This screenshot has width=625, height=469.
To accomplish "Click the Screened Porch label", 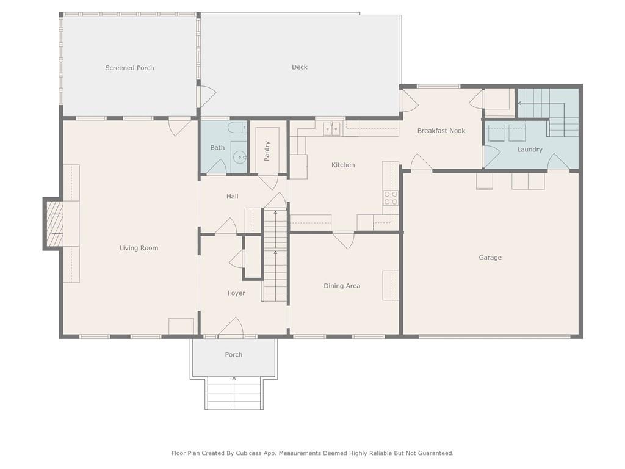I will (x=129, y=68).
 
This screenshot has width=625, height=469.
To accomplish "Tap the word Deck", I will (x=300, y=67).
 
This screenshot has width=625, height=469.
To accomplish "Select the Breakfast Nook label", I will (x=441, y=131).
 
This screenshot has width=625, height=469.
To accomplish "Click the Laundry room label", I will (x=530, y=150).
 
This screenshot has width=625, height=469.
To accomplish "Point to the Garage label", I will (x=490, y=258).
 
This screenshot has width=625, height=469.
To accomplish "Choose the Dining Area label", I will (x=342, y=286).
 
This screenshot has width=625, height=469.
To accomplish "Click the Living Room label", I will (x=139, y=248).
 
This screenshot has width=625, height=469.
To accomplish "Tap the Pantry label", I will (x=267, y=151).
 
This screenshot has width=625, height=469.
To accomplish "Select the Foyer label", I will (x=236, y=293).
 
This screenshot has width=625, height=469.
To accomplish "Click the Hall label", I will (x=233, y=197).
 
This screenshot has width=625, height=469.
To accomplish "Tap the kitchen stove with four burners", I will (x=391, y=198).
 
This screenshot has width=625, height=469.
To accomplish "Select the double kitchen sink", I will (x=332, y=128).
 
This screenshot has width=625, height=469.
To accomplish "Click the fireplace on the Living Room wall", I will (x=54, y=224).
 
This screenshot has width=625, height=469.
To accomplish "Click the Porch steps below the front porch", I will (x=234, y=393).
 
